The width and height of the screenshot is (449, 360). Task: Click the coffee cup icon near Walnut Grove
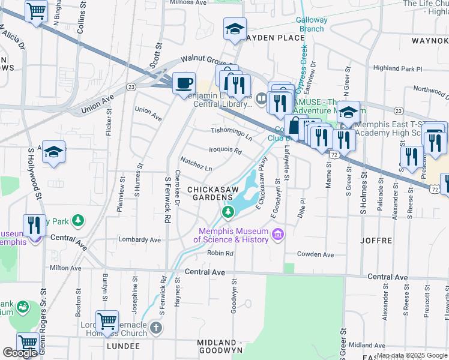(184, 83)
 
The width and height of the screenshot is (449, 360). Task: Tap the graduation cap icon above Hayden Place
(235, 28)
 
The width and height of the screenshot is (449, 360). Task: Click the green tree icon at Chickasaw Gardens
(228, 212)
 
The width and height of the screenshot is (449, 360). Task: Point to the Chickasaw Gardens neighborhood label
(209, 193)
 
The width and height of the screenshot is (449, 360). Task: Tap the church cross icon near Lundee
(155, 328)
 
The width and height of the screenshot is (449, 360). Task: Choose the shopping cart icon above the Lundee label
(107, 321)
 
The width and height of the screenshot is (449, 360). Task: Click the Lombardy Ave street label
(140, 239)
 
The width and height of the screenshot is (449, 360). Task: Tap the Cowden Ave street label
(315, 254)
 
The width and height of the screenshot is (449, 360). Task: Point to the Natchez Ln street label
(196, 164)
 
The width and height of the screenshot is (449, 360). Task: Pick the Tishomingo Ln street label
(231, 130)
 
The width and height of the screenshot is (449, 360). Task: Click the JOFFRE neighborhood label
(376, 240)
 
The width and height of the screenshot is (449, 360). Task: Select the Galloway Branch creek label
(312, 24)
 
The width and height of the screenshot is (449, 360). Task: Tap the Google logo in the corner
(20, 353)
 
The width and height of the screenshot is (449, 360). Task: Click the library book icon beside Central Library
(261, 98)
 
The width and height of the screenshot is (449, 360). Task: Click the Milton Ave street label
(65, 268)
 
